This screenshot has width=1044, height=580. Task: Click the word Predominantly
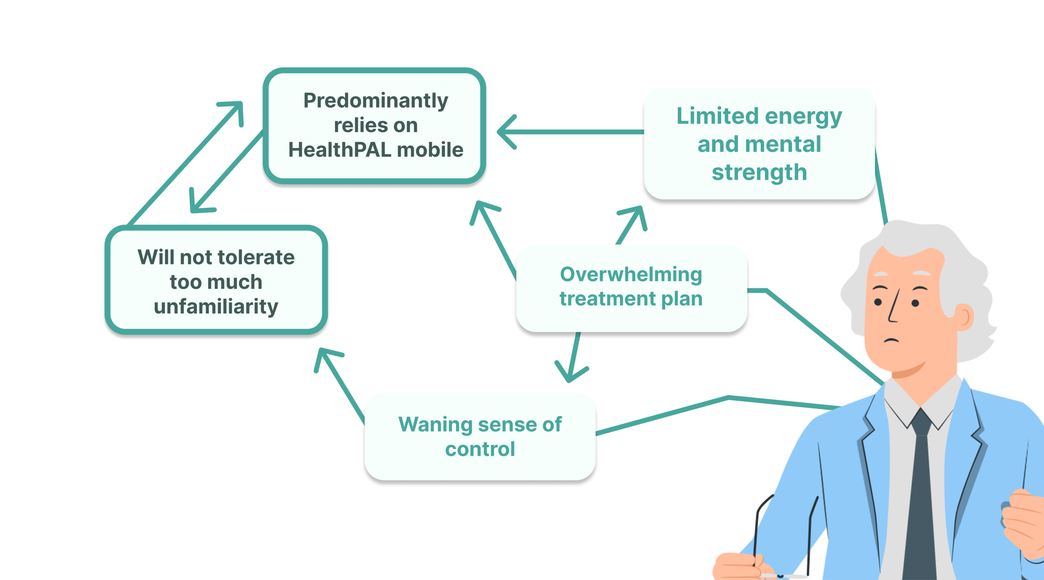click(x=375, y=101)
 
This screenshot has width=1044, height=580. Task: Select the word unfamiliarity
click(x=216, y=306)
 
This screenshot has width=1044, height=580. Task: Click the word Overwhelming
click(x=631, y=274)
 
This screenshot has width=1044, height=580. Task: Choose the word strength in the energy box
click(x=759, y=172)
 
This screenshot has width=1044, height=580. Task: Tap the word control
click(x=480, y=449)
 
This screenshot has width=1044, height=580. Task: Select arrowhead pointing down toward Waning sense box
click(x=570, y=374)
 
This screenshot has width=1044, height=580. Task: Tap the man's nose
click(x=894, y=309)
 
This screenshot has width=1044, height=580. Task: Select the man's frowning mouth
click(x=891, y=340)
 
